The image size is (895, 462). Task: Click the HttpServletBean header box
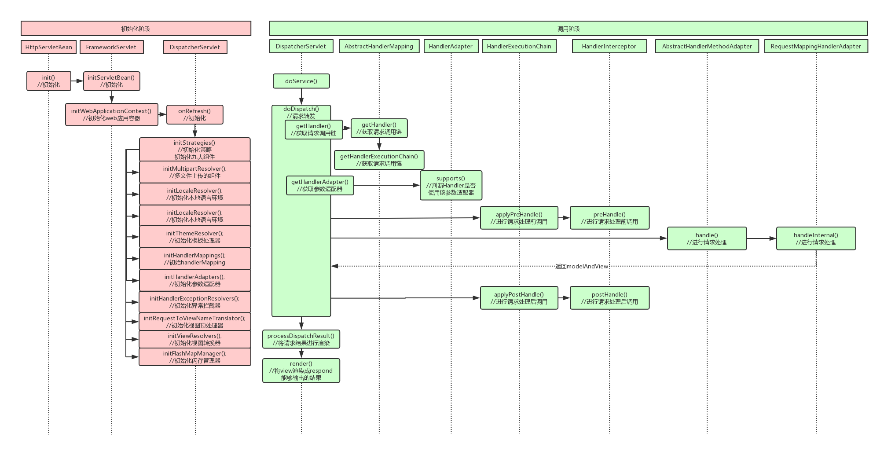pos(48,47)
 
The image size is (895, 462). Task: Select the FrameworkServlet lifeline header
pos(111,47)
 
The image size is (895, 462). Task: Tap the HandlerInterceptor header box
pos(609,46)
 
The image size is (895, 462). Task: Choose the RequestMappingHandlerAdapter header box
pos(816,46)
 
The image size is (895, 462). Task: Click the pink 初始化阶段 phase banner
pos(136,29)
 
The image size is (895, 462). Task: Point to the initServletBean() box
pos(111,81)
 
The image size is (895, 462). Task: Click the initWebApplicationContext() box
pos(111,114)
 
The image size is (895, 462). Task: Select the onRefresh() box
pos(194,114)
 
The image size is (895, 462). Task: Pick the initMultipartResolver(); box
pos(195,172)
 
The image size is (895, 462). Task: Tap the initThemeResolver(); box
pos(195,237)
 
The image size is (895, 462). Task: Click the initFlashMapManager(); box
pos(195,357)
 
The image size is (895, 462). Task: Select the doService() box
pos(301,81)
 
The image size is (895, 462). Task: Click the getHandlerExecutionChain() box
pos(379,160)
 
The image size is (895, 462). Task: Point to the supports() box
pos(451,185)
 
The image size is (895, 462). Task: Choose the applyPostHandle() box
pos(519,298)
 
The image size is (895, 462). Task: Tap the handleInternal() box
pos(816,238)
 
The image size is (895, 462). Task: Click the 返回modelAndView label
pos(581,266)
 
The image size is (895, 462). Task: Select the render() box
pos(301,370)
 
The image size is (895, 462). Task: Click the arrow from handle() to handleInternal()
pos(761,238)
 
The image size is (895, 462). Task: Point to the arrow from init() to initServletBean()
pos(77,81)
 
